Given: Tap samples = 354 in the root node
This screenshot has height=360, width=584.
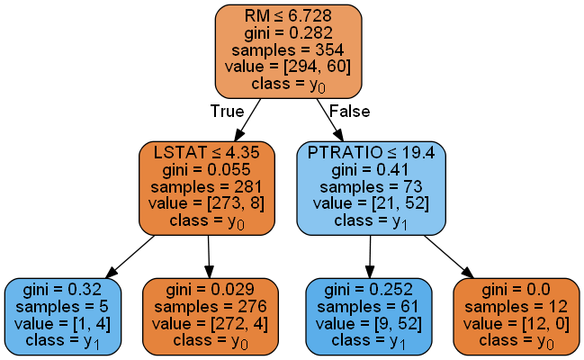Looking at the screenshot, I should [288, 49].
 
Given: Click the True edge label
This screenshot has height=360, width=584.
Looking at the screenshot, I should [227, 111].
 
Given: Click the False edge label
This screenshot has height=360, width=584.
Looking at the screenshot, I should [348, 111].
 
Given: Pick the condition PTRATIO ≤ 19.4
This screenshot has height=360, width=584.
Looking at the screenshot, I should [372, 153].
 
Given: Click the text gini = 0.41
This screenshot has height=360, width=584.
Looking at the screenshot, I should [372, 170].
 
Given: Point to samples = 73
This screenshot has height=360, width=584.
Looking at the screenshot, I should [372, 186].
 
